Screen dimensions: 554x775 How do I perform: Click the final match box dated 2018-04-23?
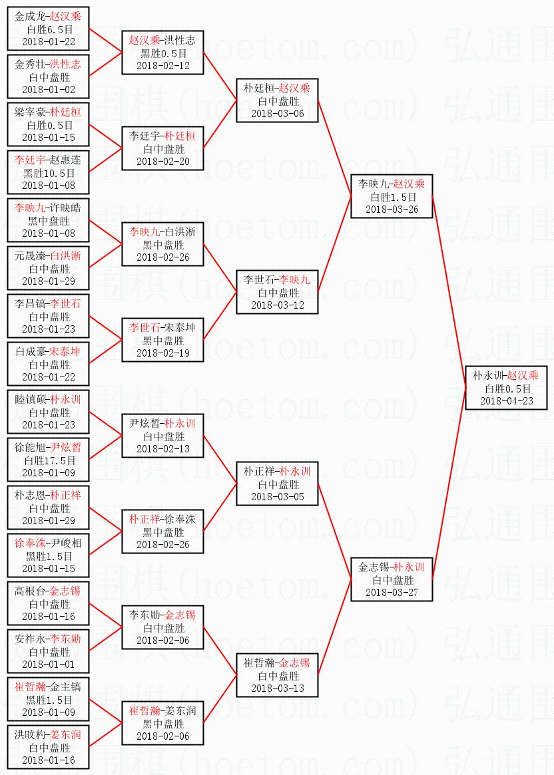pyautogui.click(x=506, y=388)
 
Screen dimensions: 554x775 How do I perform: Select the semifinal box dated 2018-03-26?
pyautogui.click(x=392, y=196)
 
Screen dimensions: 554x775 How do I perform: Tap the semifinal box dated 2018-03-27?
pyautogui.click(x=392, y=579)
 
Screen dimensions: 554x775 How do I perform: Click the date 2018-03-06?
pyautogui.click(x=277, y=114)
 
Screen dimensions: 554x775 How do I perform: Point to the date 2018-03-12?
pyautogui.click(x=277, y=305)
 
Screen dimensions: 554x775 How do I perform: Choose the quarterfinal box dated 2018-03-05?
pyautogui.click(x=277, y=484)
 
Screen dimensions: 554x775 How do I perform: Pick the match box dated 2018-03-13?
pyautogui.click(x=277, y=675)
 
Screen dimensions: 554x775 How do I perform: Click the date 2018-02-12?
pyautogui.click(x=162, y=66)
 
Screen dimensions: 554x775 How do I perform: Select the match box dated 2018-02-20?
pyautogui.click(x=162, y=148)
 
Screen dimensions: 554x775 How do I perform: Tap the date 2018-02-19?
pyautogui.click(x=162, y=353)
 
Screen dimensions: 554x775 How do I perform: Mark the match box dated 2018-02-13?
pyautogui.click(x=162, y=436)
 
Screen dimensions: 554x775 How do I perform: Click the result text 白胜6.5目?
pyautogui.click(x=49, y=29)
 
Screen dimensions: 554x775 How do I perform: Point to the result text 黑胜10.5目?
pyautogui.click(x=49, y=173)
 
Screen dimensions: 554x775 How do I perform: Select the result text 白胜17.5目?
pyautogui.click(x=49, y=460)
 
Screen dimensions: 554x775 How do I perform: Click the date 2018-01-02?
pyautogui.click(x=49, y=90)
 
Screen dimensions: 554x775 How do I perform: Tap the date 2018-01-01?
pyautogui.click(x=49, y=665)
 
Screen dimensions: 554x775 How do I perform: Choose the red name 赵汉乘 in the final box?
pyautogui.click(x=522, y=375)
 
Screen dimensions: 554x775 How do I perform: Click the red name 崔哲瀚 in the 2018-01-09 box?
pyautogui.click(x=30, y=687)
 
